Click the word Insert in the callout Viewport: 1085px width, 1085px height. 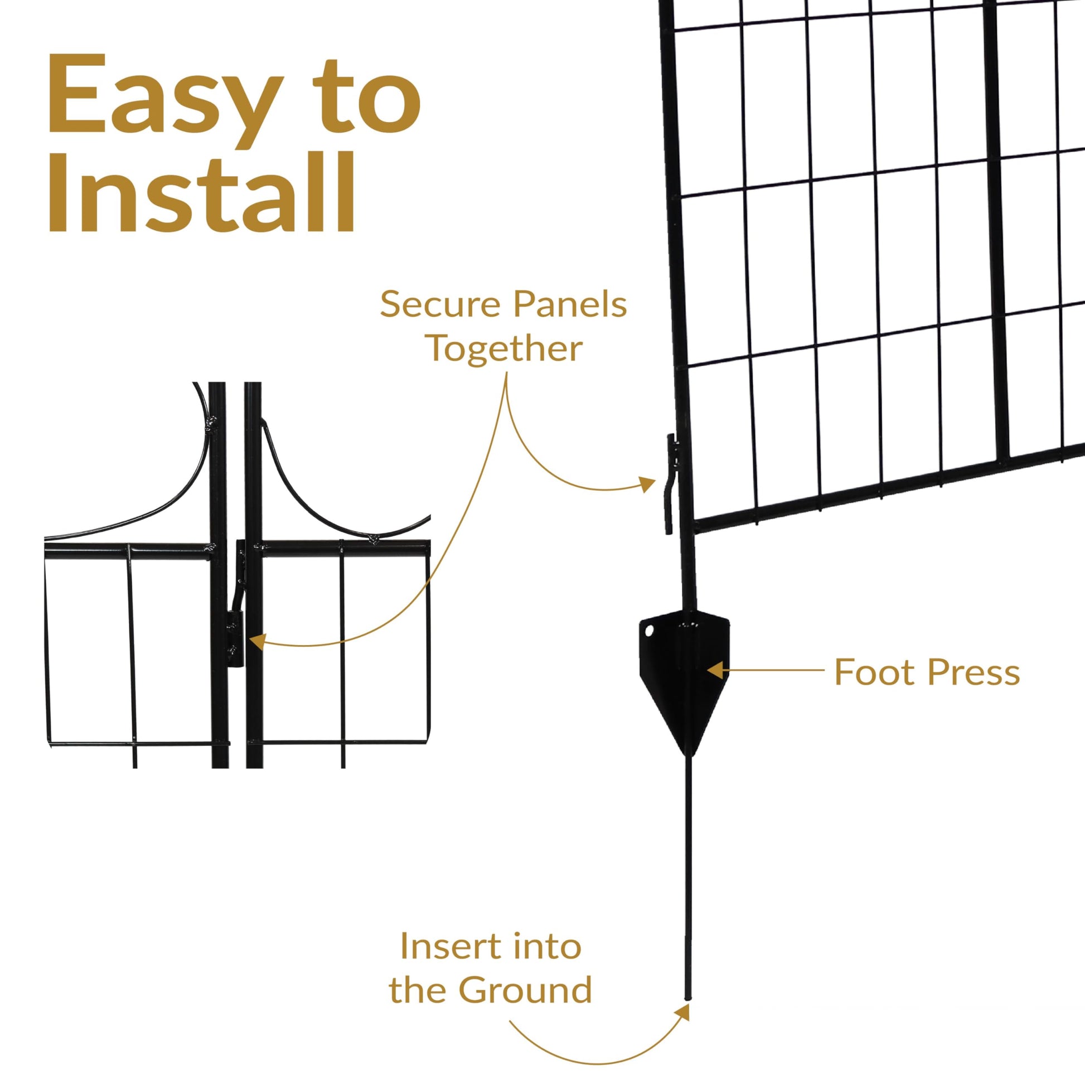(447, 947)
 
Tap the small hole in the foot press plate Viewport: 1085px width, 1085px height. (650, 631)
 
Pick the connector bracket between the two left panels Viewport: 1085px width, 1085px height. (238, 604)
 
